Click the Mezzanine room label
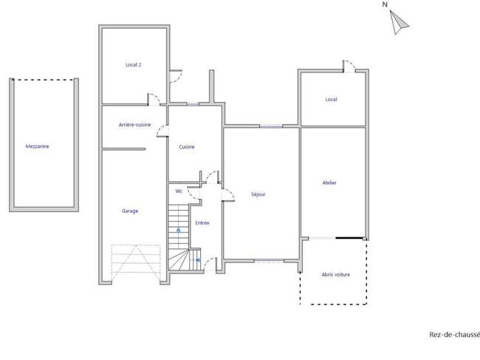click(x=37, y=146)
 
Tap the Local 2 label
click(x=134, y=64)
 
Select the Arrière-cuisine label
click(x=134, y=125)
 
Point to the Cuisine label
click(x=186, y=147)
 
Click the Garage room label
click(x=130, y=211)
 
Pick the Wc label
click(x=179, y=191)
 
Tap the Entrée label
click(x=202, y=223)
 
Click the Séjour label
click(x=258, y=194)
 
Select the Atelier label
click(x=329, y=183)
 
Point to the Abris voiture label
click(x=335, y=274)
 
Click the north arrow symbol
click(x=398, y=22)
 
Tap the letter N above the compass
click(x=385, y=4)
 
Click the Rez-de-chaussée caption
click(x=454, y=335)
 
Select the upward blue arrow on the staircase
click(x=179, y=231)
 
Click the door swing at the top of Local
click(x=349, y=67)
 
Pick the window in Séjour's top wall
click(x=270, y=126)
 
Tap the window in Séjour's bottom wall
click(x=269, y=261)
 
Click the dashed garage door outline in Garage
click(x=136, y=262)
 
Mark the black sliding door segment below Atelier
click(x=349, y=238)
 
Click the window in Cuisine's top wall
click(x=193, y=104)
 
